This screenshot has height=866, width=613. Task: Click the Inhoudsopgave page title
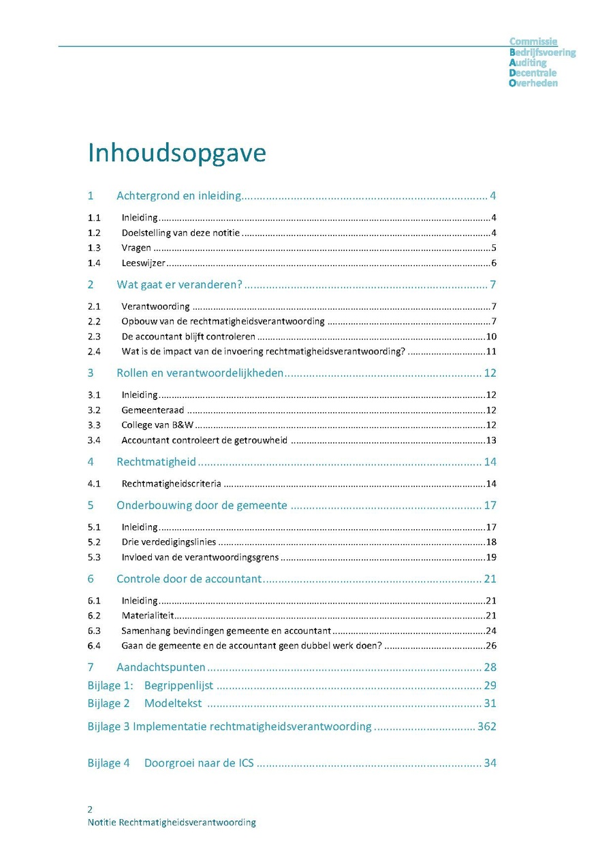(x=176, y=154)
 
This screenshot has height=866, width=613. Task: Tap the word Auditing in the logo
(x=528, y=63)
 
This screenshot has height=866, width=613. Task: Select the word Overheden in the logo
(x=533, y=83)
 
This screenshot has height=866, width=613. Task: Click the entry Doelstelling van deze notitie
(x=180, y=233)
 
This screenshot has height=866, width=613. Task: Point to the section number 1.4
(x=94, y=263)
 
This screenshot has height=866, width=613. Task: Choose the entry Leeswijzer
(x=143, y=263)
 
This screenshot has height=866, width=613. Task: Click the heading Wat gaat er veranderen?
(x=179, y=284)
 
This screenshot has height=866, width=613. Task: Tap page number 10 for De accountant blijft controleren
(x=491, y=337)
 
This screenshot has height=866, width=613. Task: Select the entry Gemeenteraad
(x=153, y=410)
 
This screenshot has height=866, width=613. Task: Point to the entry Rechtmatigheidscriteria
(x=171, y=484)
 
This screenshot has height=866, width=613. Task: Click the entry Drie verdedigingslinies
(x=169, y=542)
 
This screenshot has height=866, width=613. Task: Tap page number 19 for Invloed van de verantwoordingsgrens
(x=491, y=558)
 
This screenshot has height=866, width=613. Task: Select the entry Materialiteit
(x=146, y=616)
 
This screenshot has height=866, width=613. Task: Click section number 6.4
(x=94, y=646)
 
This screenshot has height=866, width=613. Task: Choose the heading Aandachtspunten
(x=161, y=667)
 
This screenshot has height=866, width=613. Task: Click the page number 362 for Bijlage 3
(x=487, y=727)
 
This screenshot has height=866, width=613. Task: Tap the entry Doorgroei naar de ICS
(x=199, y=763)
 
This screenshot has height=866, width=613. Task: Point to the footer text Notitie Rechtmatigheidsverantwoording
(x=172, y=822)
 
